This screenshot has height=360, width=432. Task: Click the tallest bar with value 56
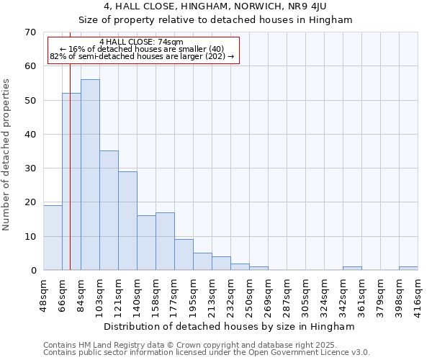click(x=90, y=175)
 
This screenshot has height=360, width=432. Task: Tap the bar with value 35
click(x=109, y=210)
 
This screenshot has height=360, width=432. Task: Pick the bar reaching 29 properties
click(x=127, y=220)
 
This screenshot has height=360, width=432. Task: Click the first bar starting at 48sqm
click(x=53, y=238)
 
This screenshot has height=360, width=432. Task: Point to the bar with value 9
click(x=184, y=255)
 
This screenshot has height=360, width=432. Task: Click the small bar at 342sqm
click(x=352, y=269)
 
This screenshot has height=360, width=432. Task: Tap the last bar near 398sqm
click(x=408, y=269)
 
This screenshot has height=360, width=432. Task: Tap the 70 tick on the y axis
click(x=30, y=32)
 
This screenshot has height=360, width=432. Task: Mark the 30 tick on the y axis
click(x=30, y=168)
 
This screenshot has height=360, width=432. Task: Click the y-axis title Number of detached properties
click(x=7, y=155)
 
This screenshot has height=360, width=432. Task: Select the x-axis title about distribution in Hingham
click(x=229, y=326)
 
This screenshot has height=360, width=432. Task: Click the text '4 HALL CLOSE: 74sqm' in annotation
click(x=142, y=42)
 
